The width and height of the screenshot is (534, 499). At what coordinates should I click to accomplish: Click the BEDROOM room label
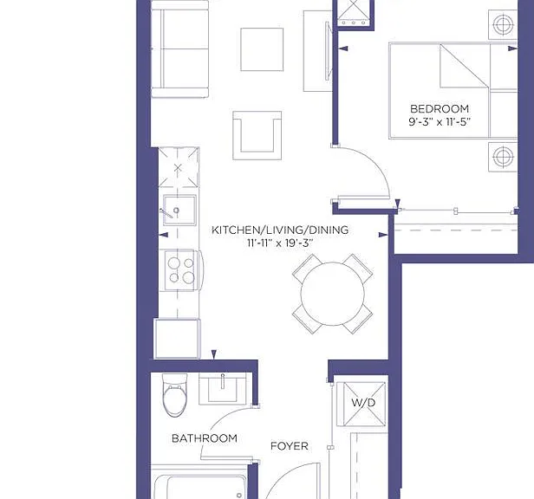440,109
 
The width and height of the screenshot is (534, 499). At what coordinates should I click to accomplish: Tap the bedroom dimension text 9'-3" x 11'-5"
440,122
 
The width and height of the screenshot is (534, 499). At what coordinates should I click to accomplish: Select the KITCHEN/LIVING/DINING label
280,230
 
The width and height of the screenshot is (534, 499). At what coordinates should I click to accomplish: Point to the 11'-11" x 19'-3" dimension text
280,243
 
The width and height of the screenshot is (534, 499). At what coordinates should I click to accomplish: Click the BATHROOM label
205,438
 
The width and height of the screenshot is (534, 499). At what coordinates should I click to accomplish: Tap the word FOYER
290,446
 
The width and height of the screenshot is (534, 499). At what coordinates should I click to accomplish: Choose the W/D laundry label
363,403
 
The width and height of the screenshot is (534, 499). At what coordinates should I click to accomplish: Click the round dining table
332,294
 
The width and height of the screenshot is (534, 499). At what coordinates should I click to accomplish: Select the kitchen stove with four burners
181,270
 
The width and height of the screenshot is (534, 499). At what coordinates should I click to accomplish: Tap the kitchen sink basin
179,210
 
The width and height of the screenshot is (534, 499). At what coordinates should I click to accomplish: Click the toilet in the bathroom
175,396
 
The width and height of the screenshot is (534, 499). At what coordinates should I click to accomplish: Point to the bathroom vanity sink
223,388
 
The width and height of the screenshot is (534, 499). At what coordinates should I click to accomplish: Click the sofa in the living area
179,49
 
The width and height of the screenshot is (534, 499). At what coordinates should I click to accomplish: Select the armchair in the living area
257,135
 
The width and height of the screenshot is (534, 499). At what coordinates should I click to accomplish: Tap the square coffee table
262,49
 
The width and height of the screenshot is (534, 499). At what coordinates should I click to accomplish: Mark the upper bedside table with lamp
503,24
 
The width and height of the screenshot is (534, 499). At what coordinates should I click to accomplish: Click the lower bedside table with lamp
503,157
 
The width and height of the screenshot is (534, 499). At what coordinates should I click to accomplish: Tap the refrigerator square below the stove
178,339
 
